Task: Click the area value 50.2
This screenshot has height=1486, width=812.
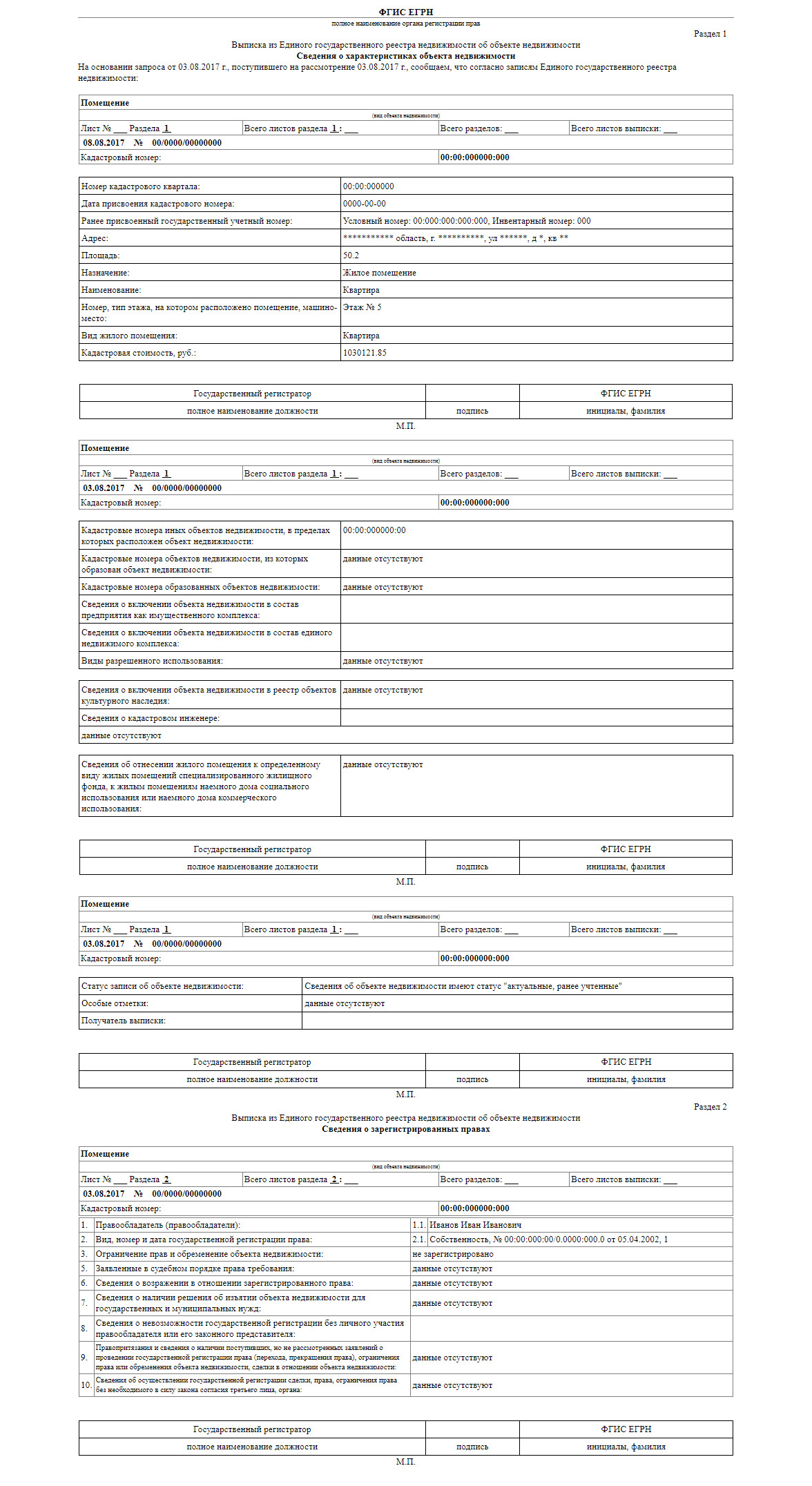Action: pyautogui.click(x=351, y=255)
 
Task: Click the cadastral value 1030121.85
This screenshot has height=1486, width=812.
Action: pyautogui.click(x=365, y=353)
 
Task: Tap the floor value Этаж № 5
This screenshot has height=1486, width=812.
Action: pyautogui.click(x=362, y=307)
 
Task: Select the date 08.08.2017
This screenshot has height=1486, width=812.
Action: pyautogui.click(x=104, y=143)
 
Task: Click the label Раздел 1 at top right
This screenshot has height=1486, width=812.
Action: pyautogui.click(x=710, y=34)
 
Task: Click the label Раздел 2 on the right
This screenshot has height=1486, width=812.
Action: pyautogui.click(x=710, y=1107)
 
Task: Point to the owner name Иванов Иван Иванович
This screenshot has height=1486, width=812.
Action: pyautogui.click(x=475, y=1225)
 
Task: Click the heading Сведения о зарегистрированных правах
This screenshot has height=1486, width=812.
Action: pyautogui.click(x=405, y=1129)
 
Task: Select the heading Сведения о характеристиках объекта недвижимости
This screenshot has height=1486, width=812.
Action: pyautogui.click(x=405, y=56)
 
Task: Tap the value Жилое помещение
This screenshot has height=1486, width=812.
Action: pyautogui.click(x=379, y=273)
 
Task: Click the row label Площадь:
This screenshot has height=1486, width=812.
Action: pyautogui.click(x=100, y=255)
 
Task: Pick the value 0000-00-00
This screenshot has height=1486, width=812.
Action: pyautogui.click(x=365, y=204)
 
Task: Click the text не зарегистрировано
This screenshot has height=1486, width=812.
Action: pyautogui.click(x=452, y=1254)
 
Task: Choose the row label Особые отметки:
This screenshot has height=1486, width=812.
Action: pyautogui.click(x=115, y=1003)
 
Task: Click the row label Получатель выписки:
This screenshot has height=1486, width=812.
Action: pyautogui.click(x=123, y=1021)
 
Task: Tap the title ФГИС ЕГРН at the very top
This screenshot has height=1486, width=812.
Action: pyautogui.click(x=405, y=12)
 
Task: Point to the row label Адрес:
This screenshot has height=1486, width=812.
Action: pyautogui.click(x=95, y=238)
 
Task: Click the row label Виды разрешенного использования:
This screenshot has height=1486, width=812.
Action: pyautogui.click(x=152, y=661)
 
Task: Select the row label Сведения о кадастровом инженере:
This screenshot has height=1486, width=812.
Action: pyautogui.click(x=150, y=718)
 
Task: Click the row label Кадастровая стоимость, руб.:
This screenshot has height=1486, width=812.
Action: pyautogui.click(x=138, y=353)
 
